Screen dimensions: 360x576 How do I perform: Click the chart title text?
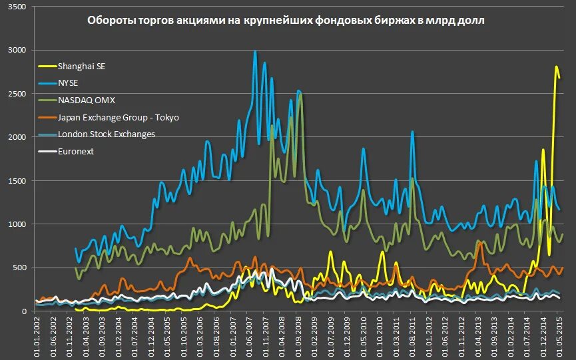pyautogui.click(x=286, y=21)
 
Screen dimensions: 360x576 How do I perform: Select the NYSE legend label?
pyautogui.click(x=71, y=83)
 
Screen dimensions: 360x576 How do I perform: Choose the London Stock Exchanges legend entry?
pyautogui.click(x=107, y=134)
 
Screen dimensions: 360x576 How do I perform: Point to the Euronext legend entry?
pyautogui.click(x=77, y=152)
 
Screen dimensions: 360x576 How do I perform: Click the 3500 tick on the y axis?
pyautogui.click(x=18, y=7)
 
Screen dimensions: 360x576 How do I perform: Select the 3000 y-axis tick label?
pyautogui.click(x=18, y=51)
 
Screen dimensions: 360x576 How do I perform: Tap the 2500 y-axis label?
pyautogui.click(x=18, y=94)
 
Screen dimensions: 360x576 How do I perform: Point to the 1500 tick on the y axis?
pyautogui.click(x=18, y=181)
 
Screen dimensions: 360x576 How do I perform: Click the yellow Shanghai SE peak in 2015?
pyautogui.click(x=556, y=67)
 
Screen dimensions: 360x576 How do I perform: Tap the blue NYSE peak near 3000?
pyautogui.click(x=255, y=51)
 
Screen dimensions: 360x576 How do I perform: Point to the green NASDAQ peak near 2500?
pyautogui.click(x=301, y=94)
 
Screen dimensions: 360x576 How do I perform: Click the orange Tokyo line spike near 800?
pyautogui.click(x=479, y=243)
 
